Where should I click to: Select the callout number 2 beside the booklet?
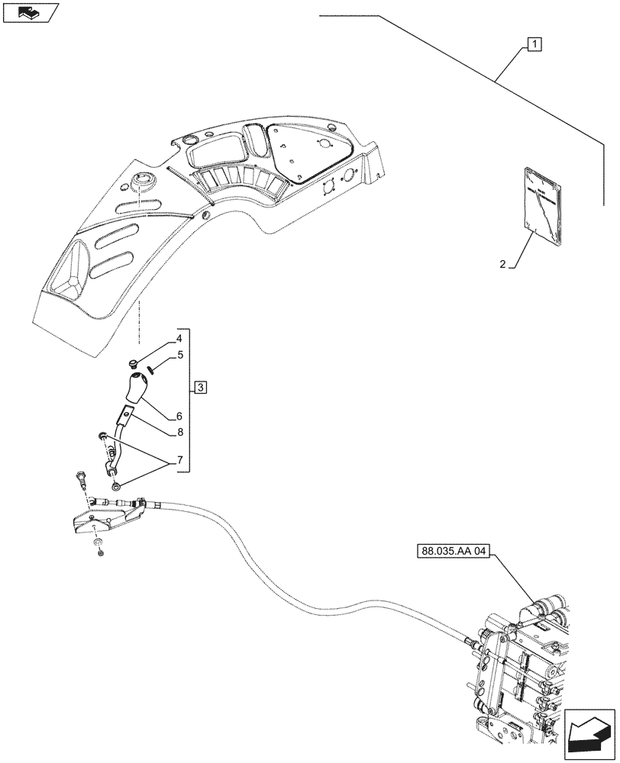coord(502,265)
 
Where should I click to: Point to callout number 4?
coord(178,338)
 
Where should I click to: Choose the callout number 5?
coord(179,355)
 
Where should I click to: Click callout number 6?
coord(179,417)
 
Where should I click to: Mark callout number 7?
coord(179,461)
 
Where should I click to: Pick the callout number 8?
coord(179,431)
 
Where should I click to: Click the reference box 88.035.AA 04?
coord(453,551)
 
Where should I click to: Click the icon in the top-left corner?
coord(30,12)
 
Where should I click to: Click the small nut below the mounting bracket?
coord(100,550)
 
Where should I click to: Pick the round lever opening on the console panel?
coord(144,182)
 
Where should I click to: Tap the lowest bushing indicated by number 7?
coord(115,486)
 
